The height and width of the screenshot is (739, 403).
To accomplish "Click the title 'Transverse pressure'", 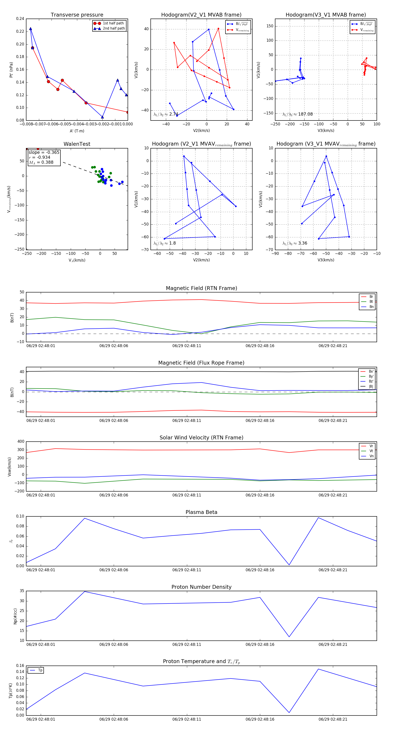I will pyautogui.click(x=77, y=15).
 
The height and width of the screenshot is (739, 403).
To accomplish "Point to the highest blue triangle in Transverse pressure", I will pyautogui.click(x=30, y=29).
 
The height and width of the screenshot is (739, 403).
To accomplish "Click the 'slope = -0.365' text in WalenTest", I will pyautogui.click(x=44, y=152).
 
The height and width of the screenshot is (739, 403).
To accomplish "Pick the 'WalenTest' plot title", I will pyautogui.click(x=77, y=144).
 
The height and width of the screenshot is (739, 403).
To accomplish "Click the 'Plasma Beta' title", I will pyautogui.click(x=201, y=512).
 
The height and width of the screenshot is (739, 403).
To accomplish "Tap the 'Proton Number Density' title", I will pyautogui.click(x=201, y=587).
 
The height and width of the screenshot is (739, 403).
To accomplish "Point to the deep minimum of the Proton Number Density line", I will pyautogui.click(x=289, y=637).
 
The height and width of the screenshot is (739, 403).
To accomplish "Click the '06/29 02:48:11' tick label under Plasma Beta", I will pyautogui.click(x=187, y=570).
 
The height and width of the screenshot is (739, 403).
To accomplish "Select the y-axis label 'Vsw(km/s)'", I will pyautogui.click(x=9, y=467).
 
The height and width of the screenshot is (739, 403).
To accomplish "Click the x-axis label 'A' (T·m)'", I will pyautogui.click(x=77, y=131).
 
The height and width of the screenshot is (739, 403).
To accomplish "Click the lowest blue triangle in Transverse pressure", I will pyautogui.click(x=102, y=117).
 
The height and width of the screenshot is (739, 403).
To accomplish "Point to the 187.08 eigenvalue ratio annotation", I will pyautogui.click(x=298, y=114).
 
